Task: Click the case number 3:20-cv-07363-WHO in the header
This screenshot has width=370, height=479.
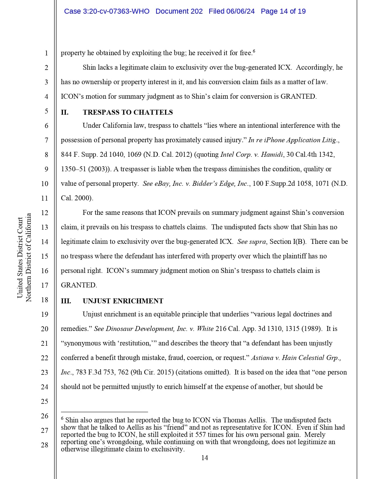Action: tap(107, 11)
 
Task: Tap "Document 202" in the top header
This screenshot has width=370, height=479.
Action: tap(179, 11)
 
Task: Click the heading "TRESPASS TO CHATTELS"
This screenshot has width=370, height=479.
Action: tap(128, 112)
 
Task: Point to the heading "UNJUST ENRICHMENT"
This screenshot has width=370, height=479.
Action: tap(123, 301)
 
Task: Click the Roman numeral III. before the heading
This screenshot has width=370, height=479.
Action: tap(66, 301)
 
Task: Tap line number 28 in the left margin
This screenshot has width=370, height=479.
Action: tap(44, 445)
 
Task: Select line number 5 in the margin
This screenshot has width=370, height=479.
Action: tap(46, 111)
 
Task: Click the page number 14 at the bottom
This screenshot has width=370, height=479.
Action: tap(205, 458)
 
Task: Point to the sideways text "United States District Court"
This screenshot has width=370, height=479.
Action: tap(20, 257)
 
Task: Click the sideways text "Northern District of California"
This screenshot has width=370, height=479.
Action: tap(28, 257)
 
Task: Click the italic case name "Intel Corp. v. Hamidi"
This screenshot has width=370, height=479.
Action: tap(252, 154)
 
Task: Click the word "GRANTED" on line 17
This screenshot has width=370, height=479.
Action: tap(78, 285)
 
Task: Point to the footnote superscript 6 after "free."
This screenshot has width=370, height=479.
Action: tap(254, 51)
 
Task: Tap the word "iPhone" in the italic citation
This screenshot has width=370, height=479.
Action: tap(274, 140)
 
